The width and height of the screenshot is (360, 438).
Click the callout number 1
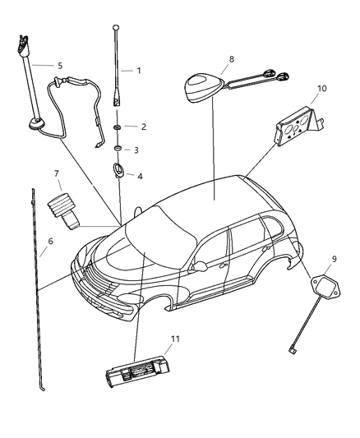pos(139,71)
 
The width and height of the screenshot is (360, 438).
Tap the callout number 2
pos(143,127)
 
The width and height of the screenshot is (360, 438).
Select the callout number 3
pos(136,150)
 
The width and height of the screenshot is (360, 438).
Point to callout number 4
pos(140,175)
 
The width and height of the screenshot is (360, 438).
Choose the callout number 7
pos(57,174)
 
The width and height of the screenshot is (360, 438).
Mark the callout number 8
pos(231,59)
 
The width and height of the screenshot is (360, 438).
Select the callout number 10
pos(322,88)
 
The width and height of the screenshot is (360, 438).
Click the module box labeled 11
pos(136,369)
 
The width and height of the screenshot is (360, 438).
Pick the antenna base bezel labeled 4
pos(119,173)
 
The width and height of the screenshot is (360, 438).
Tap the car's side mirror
pos(197,267)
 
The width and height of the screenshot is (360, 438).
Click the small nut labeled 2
pos(119,128)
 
